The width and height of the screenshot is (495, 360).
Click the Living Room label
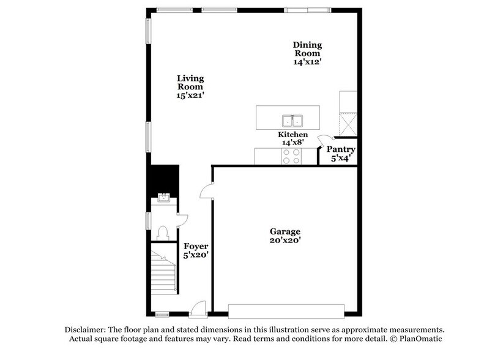point(190,87)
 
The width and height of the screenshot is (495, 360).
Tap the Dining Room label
point(307,54)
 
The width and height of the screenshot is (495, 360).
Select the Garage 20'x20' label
point(285,236)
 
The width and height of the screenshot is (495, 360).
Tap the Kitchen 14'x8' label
point(292,138)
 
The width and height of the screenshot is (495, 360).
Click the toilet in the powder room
point(162,232)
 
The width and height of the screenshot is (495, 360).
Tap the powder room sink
point(163,197)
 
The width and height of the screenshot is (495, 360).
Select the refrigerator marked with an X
point(348,126)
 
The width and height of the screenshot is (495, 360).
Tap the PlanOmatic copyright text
point(416,339)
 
